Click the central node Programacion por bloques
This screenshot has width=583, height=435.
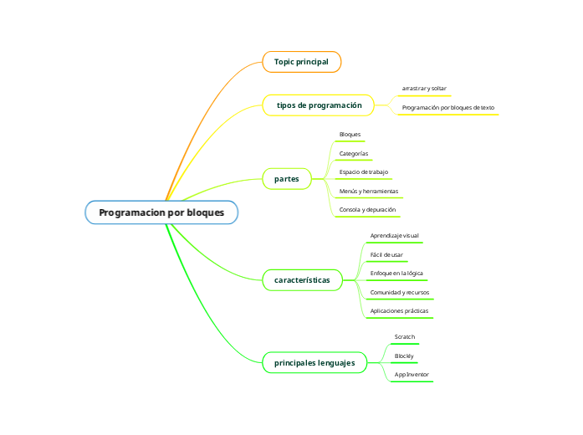(161, 212)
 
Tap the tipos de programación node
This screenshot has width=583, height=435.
(319, 105)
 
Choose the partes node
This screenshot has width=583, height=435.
(286, 179)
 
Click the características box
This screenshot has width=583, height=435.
(302, 279)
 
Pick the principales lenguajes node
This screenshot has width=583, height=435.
(315, 363)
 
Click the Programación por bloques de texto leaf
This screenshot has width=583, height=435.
(447, 108)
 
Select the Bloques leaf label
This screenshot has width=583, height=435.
(350, 135)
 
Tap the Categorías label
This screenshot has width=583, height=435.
(354, 153)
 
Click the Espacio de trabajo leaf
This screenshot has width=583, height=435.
(363, 172)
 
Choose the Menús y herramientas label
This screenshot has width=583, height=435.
(368, 192)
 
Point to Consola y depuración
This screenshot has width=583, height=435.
(367, 210)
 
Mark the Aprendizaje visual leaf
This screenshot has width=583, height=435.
(394, 236)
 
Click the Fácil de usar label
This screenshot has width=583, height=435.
(386, 254)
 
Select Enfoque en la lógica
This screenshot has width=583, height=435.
(396, 274)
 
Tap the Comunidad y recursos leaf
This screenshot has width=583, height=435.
(399, 293)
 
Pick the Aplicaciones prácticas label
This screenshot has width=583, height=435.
(399, 311)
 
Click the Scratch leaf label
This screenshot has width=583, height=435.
(405, 337)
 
